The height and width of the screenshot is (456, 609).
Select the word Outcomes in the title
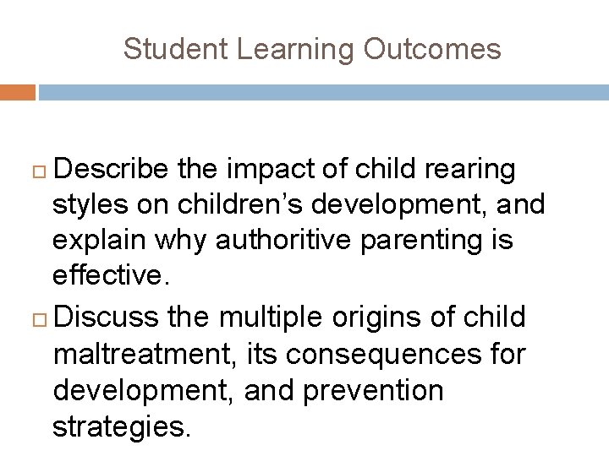pyautogui.click(x=433, y=49)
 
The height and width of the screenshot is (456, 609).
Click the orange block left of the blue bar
pyautogui.click(x=18, y=92)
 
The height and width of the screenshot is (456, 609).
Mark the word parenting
pyautogui.click(x=432, y=240)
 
